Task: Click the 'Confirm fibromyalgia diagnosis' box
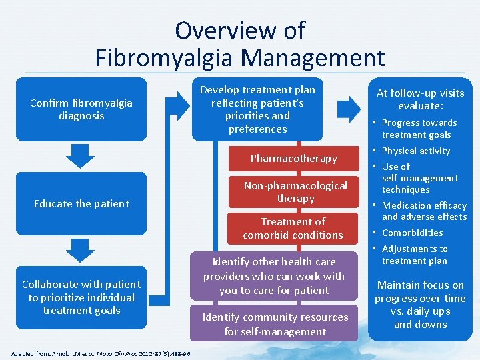click(81, 109)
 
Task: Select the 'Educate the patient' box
click(81, 203)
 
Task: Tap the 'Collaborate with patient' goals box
click(81, 297)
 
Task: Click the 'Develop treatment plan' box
click(257, 109)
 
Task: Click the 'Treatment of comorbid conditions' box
click(293, 228)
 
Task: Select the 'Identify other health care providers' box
click(274, 276)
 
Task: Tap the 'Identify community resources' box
click(274, 324)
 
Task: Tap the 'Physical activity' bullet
click(415, 151)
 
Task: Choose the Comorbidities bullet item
click(412, 233)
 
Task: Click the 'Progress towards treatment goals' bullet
click(419, 129)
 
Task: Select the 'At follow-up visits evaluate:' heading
click(420, 99)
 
